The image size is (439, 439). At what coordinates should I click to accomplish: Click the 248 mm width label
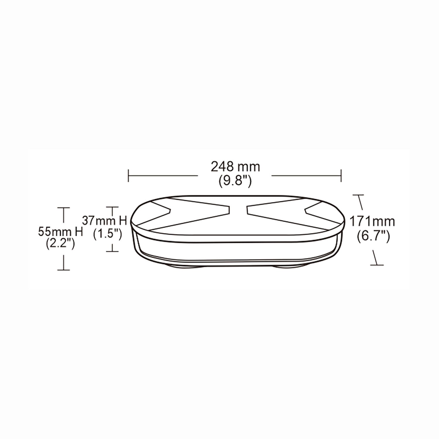[x=235, y=167]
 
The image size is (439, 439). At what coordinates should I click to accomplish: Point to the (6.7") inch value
[x=373, y=236]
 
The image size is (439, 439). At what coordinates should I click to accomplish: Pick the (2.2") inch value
[x=60, y=243]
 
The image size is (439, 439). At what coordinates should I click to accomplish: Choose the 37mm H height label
[x=104, y=220]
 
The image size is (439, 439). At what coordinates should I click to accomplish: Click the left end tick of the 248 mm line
[x=128, y=176]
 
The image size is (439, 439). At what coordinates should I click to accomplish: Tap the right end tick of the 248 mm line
[x=341, y=176]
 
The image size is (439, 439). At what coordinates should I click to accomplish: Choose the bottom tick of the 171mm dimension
[x=377, y=265]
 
